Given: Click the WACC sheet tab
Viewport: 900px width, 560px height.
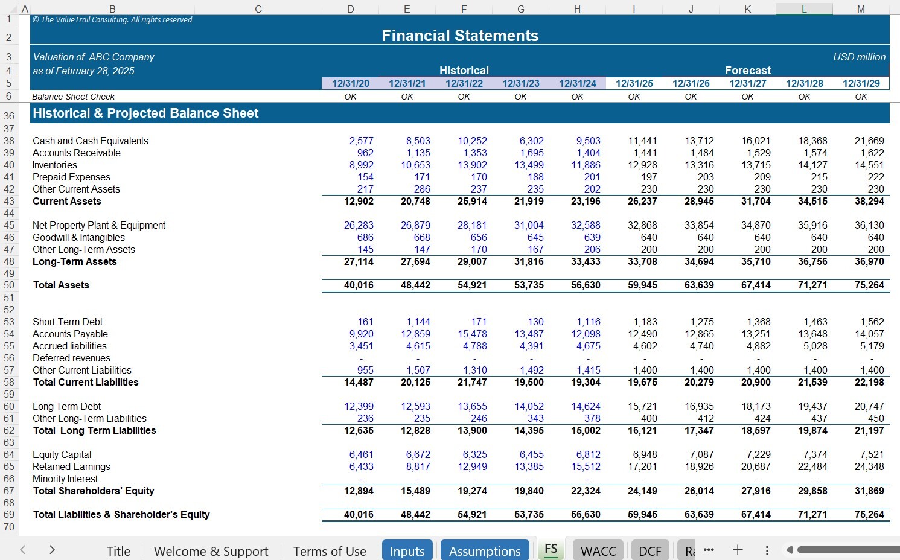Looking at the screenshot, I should click(x=598, y=551).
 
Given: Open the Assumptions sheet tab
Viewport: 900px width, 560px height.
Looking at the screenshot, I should click(x=485, y=551).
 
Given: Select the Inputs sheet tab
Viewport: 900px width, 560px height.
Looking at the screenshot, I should click(x=407, y=551).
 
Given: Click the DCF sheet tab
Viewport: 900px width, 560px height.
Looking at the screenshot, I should click(x=649, y=551).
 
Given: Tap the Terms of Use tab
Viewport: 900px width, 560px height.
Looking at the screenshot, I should click(x=330, y=551).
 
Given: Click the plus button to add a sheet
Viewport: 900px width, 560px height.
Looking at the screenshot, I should click(x=738, y=550).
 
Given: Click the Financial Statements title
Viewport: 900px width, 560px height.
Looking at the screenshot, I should click(x=460, y=36).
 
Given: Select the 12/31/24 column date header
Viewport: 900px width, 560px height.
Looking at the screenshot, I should click(x=577, y=83).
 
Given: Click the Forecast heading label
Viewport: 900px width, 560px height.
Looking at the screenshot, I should click(x=747, y=71).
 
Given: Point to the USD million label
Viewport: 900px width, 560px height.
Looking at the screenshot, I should click(x=859, y=57).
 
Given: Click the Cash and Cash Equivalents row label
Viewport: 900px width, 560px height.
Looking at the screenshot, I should click(x=91, y=141).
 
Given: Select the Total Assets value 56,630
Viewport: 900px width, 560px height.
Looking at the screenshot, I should click(x=585, y=285).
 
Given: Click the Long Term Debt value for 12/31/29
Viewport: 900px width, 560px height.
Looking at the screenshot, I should click(x=869, y=406).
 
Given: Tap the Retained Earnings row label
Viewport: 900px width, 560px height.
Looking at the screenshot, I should click(x=71, y=466).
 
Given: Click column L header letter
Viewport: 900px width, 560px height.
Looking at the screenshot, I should click(x=804, y=9).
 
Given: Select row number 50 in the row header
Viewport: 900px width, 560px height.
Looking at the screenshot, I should click(x=9, y=285).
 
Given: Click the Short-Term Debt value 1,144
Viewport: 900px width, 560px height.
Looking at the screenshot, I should click(x=418, y=322).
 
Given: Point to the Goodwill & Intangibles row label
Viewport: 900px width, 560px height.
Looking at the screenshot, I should click(x=78, y=237).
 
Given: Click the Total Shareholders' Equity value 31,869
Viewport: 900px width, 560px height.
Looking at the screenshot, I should click(x=869, y=491).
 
